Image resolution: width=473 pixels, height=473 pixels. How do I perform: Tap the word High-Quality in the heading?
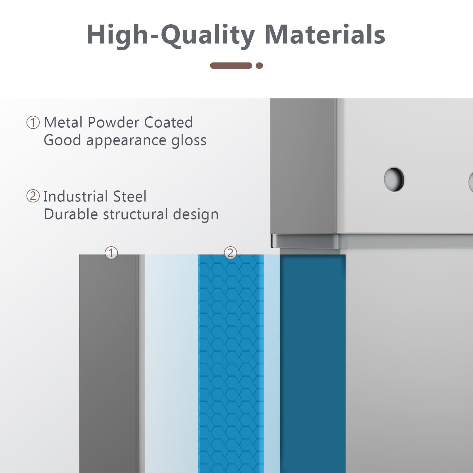(x=171, y=35)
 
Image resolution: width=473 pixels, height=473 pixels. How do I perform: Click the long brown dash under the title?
(x=231, y=66)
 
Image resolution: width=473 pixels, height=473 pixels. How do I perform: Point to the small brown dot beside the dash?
(x=259, y=66)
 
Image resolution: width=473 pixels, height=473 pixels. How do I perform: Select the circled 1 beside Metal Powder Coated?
(x=33, y=122)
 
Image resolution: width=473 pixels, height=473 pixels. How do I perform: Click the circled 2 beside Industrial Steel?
(x=33, y=196)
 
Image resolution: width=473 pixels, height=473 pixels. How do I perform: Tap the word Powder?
(x=114, y=122)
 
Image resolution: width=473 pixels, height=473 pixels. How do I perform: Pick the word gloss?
(x=189, y=141)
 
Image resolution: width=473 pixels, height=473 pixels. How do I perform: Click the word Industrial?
(x=76, y=196)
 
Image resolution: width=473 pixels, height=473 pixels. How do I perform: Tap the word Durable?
(x=71, y=214)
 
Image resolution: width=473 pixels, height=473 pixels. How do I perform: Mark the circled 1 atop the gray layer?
(x=111, y=253)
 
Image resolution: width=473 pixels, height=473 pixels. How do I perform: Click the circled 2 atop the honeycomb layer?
(x=231, y=253)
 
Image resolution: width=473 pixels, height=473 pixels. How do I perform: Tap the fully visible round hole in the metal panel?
(x=394, y=179)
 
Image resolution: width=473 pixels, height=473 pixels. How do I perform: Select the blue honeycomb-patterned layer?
(x=231, y=364)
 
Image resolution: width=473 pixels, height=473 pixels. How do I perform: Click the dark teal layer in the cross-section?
(x=312, y=364)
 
